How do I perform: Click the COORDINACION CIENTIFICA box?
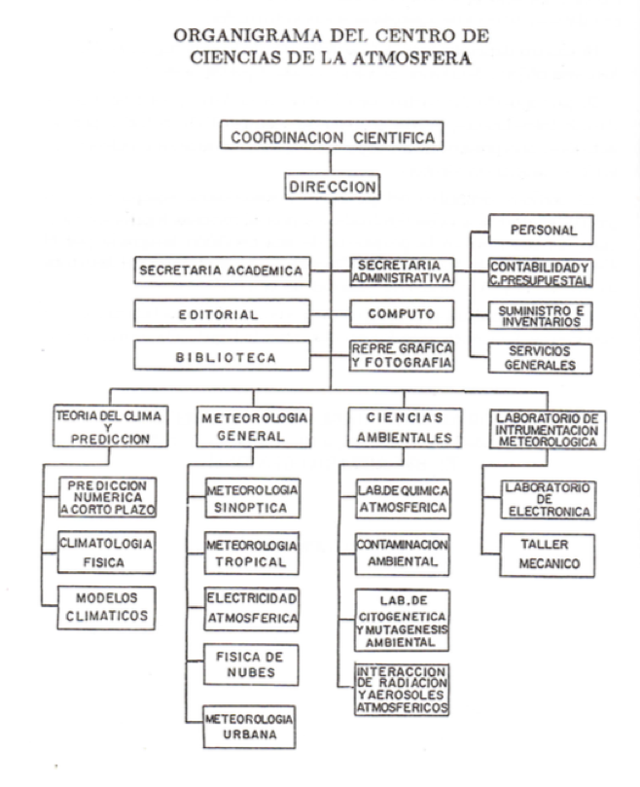332,135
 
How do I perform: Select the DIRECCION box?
333,186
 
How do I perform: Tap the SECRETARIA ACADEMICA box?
222,270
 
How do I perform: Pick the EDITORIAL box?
222,313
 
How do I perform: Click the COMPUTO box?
402,313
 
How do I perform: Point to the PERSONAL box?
541,230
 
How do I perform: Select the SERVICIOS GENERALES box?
540,358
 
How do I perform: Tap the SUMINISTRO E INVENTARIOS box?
540,316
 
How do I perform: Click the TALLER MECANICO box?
548,555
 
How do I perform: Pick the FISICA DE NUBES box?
251,665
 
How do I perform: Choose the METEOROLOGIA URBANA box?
249,727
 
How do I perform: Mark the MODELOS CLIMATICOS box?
106,607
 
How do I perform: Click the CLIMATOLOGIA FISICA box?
106,553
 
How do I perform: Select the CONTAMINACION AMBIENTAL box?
402,554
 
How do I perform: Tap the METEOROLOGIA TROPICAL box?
252,554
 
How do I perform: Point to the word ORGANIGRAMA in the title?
247,36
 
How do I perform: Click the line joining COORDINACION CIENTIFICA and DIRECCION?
331,161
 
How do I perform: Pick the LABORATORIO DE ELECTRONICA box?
549,499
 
